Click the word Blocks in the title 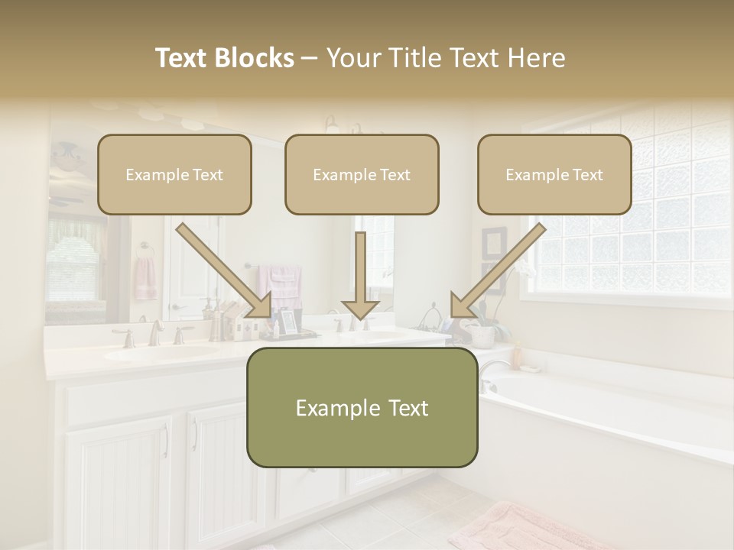tap(255, 58)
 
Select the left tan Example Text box tap(174, 174)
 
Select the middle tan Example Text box tap(362, 174)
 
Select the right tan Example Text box tap(554, 174)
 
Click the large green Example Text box tap(362, 407)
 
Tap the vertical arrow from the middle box tap(360, 275)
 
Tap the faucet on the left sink tap(155, 333)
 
